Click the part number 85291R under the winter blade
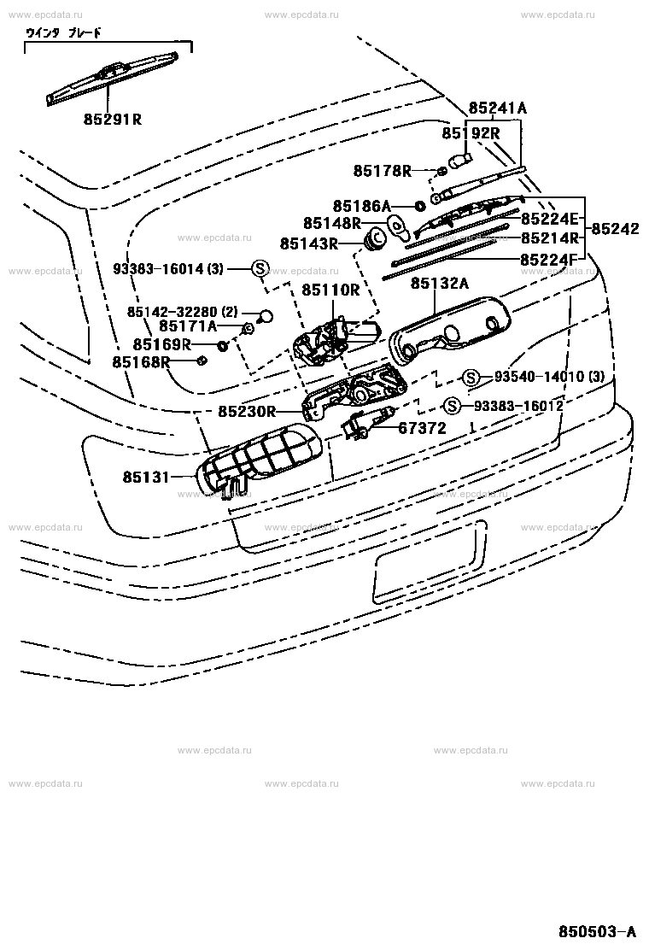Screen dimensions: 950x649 pos(112,119)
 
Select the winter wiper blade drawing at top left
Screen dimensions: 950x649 pos(112,79)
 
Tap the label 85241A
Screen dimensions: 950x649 pos(497,108)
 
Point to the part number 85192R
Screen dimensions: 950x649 pos(470,133)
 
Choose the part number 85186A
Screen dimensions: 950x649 pos(361,206)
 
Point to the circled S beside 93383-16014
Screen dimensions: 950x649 pos(260,268)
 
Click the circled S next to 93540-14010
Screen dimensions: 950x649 pos(470,377)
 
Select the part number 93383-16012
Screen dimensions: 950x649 pos(518,405)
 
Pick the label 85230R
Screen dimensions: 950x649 pos(246,412)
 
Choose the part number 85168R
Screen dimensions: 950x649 pos(141,362)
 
